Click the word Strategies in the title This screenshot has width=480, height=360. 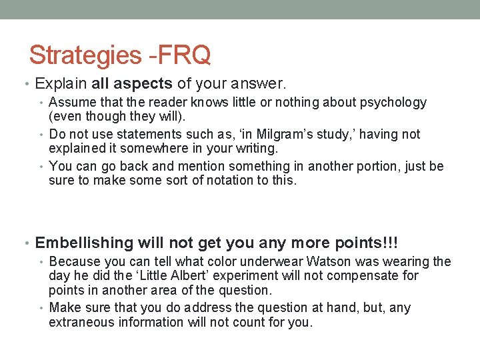84,55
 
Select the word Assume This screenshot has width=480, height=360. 71,103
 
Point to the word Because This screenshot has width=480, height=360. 75,262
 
